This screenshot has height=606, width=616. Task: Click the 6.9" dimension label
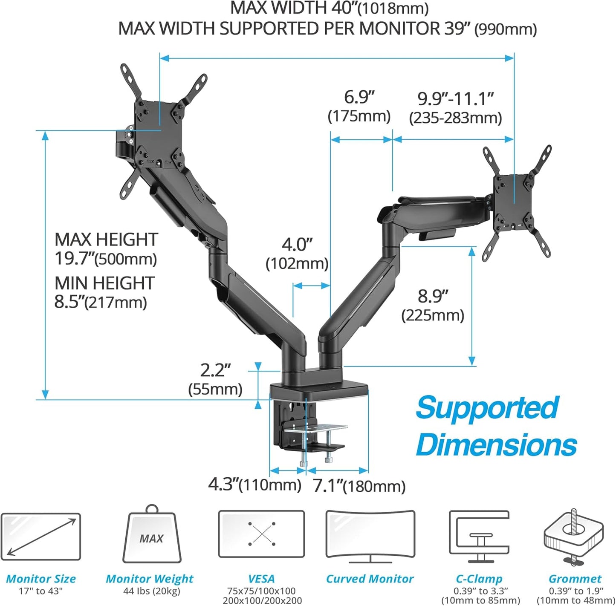[359, 98]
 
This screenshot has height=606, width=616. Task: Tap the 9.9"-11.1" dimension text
[455, 99]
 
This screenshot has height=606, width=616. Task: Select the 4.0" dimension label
[297, 245]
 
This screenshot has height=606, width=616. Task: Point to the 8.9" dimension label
[433, 296]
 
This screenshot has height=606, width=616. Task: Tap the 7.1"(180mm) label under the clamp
[359, 486]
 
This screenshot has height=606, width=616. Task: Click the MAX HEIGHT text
[106, 240]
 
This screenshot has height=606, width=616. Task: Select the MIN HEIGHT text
[104, 283]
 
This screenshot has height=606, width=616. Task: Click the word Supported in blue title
[487, 407]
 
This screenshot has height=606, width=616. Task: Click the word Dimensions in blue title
[496, 444]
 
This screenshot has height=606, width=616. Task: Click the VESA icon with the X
[261, 534]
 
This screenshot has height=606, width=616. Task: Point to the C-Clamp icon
[479, 537]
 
